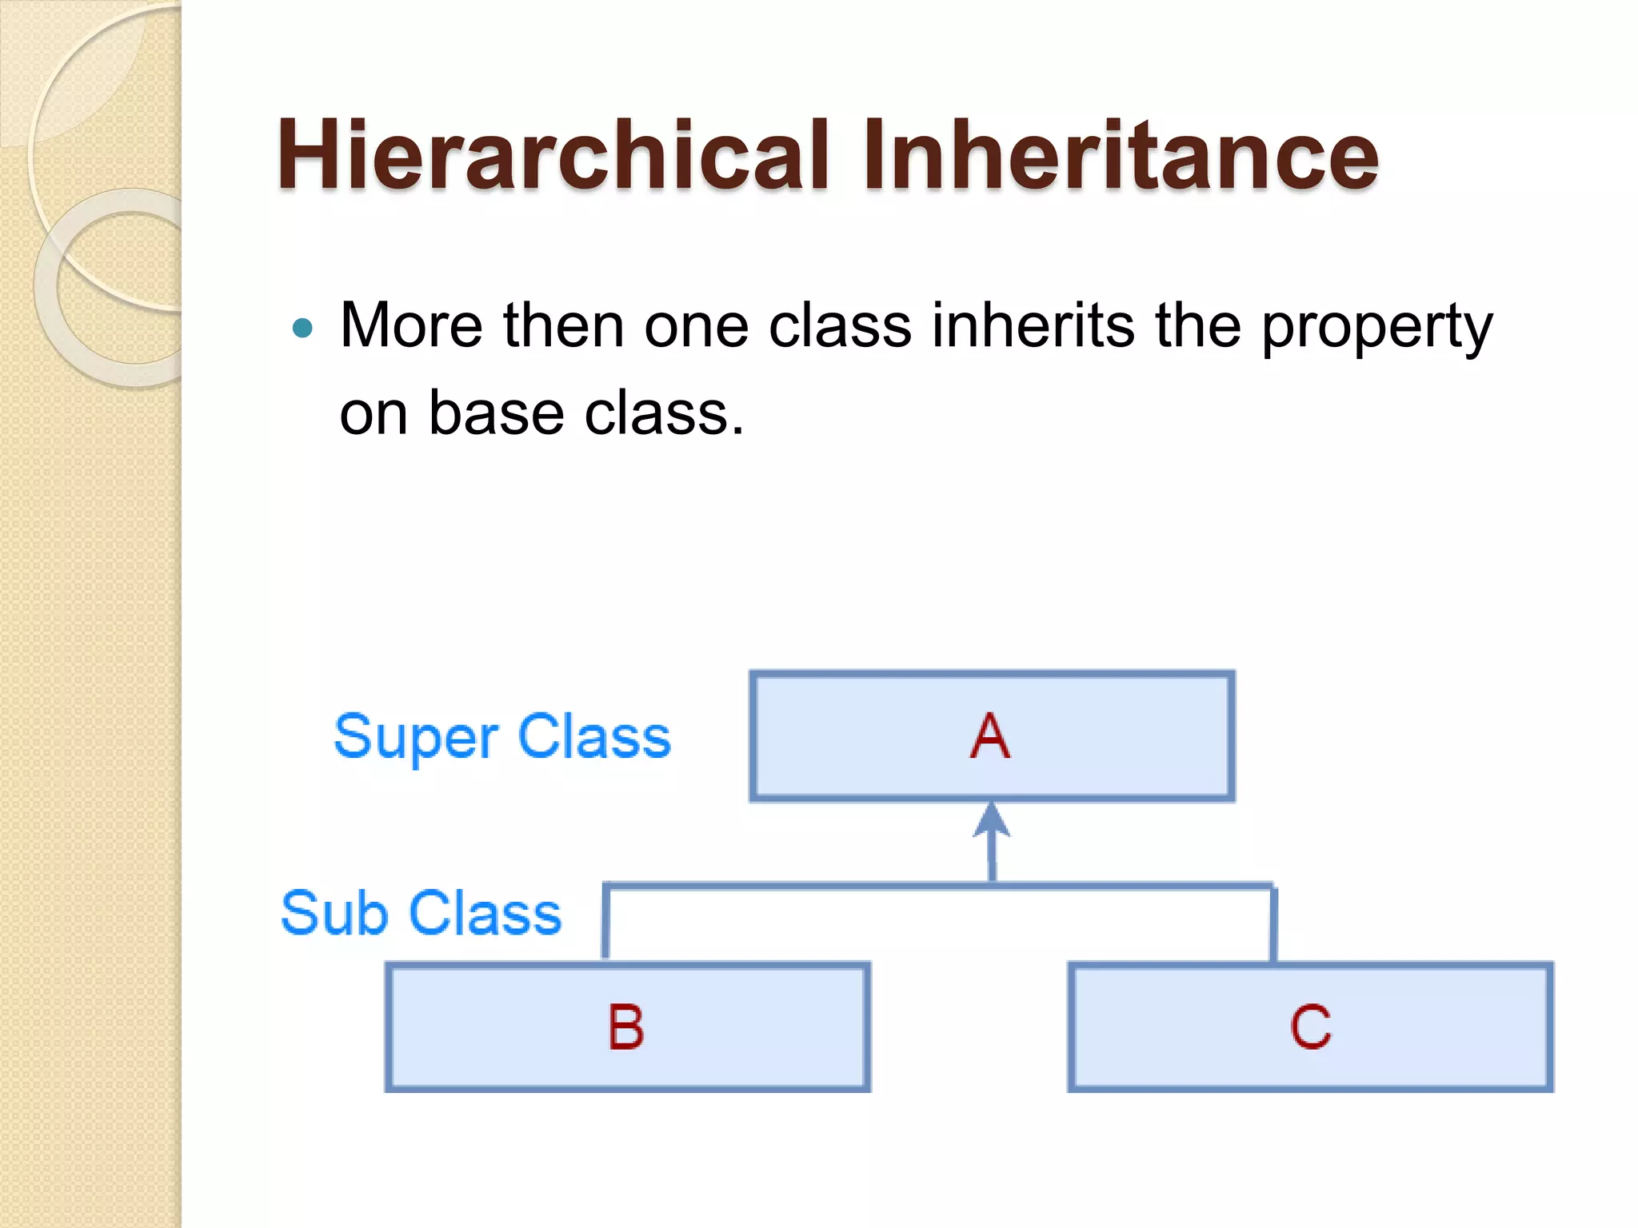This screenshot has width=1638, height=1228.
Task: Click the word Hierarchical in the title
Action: tap(552, 156)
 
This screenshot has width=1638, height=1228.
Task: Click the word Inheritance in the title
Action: tap(1120, 156)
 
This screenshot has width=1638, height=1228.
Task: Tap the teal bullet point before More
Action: tap(302, 328)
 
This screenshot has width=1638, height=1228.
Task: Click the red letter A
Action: tap(990, 736)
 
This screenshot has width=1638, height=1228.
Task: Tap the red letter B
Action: tap(625, 1027)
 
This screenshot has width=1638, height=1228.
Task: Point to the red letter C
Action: tap(1310, 1027)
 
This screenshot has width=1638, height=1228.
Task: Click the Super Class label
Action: tap(502, 736)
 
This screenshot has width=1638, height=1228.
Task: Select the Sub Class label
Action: tap(421, 913)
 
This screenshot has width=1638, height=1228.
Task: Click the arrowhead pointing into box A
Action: tap(992, 819)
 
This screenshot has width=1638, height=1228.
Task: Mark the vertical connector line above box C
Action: tap(1273, 923)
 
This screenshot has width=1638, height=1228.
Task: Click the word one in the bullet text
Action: tap(696, 326)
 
